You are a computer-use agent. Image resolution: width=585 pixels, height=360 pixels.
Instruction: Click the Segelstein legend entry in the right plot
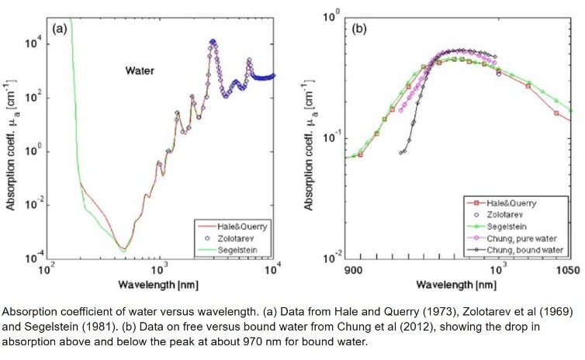[521, 226]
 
